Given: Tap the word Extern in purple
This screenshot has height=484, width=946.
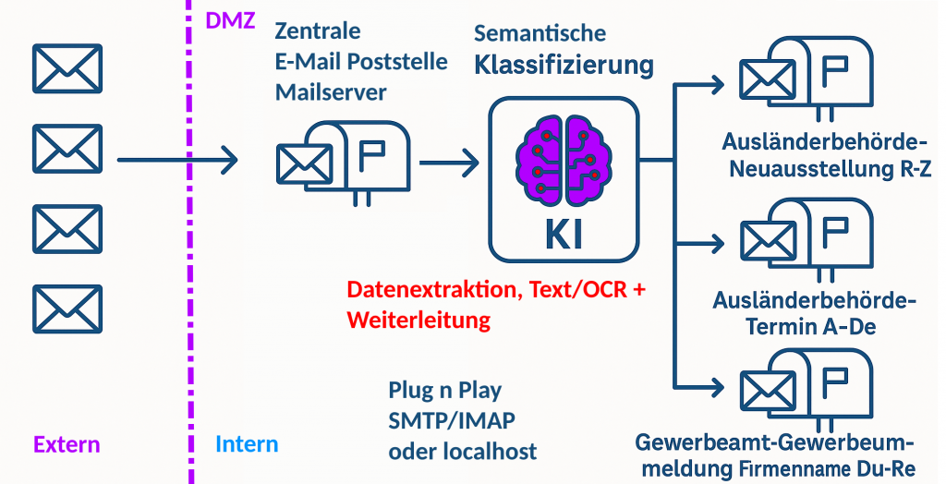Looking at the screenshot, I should [67, 444].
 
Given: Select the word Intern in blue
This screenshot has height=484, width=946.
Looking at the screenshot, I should [247, 444].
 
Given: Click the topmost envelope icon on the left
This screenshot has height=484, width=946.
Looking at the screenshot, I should [67, 68].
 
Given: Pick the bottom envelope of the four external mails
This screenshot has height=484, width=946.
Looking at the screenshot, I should [67, 309].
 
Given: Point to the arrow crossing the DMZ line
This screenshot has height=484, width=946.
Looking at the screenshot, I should [176, 162].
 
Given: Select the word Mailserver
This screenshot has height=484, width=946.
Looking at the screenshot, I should [331, 92].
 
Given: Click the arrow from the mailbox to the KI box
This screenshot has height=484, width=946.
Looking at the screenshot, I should [449, 163].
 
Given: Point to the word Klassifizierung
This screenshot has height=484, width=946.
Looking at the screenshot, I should [564, 66].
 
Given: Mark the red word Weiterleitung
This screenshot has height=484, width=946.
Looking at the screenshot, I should [418, 321].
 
